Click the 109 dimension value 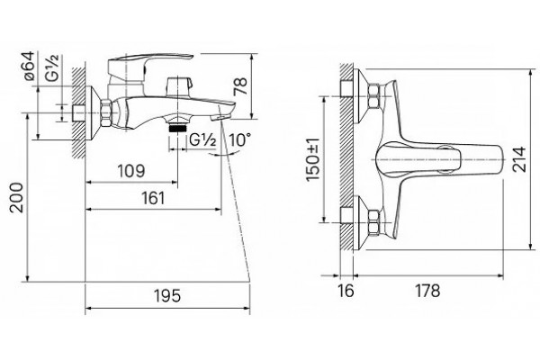coord(131,171)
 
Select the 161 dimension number coord(153,198)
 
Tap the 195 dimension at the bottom coord(167,296)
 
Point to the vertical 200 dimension coord(17,197)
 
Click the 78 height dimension coord(240,86)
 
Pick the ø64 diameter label coord(30,66)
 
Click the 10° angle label coord(239,140)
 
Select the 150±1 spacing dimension coord(313,159)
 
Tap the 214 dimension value coord(519,159)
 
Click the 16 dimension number coord(346,291)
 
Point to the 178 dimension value coord(427,291)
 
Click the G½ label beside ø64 coord(53,67)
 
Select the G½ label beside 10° coord(202,141)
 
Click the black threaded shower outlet coord(177,129)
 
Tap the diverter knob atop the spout coord(177,86)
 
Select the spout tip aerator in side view coord(216,118)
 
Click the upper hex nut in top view coord(374,95)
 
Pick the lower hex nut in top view coord(374,222)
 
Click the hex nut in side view coord(106,112)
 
